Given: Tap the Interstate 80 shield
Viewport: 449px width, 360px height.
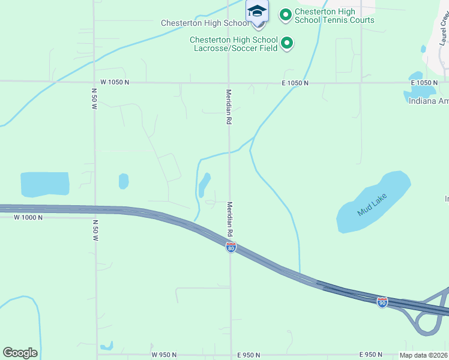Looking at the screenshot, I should coord(231,247).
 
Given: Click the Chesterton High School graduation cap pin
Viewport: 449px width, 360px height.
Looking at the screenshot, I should coord(257,12).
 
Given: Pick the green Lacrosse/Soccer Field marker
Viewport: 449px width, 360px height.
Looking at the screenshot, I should coord(287,43).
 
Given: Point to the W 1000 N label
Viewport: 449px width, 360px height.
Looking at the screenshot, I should coord(29,217).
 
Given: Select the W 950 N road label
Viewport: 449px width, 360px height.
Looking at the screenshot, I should coord(164,355).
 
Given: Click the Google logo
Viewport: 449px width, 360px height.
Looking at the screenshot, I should coord(20,353).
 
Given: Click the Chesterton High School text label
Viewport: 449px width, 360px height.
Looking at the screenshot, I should coord(204,23).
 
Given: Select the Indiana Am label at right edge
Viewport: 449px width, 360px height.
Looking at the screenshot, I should coord(428,101).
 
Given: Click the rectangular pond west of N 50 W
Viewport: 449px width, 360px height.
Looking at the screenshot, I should coord(44,184).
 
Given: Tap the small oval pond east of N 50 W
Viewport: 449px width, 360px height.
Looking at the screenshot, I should coord(124,181).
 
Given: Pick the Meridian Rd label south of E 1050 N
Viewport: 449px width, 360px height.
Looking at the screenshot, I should coord(229,107).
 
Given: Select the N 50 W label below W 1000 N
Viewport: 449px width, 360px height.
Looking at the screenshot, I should coord(95,230).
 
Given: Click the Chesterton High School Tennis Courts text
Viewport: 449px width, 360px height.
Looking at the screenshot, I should coord(334,16).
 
